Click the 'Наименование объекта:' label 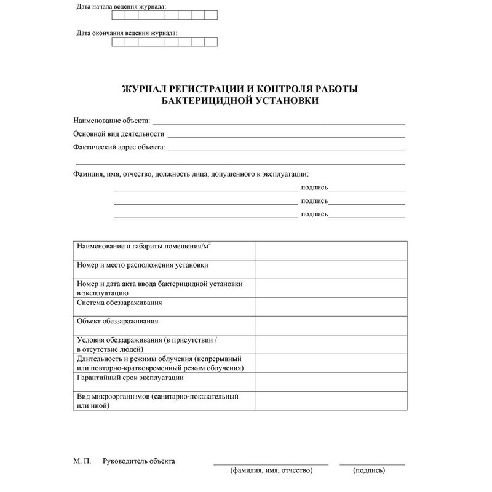pos(111,121)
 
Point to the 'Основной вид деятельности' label pos(119,133)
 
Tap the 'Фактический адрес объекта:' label pos(119,147)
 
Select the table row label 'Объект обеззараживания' pos(117,321)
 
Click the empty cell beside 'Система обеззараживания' pos(330,307)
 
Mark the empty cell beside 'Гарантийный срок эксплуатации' pos(330,382)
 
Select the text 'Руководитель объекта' pos(139,461)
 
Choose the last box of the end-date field pos(211,42)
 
